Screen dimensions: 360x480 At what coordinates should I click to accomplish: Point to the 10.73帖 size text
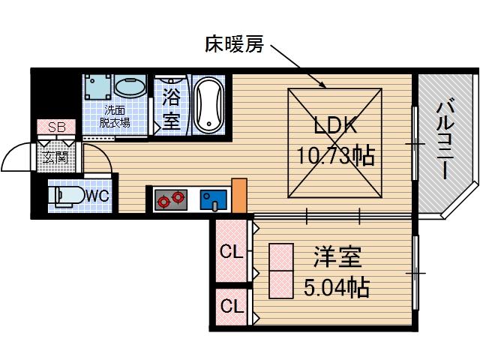tap(334, 157)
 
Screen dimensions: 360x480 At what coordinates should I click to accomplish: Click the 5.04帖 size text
tap(337, 286)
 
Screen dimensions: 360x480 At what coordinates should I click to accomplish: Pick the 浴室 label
tap(172, 108)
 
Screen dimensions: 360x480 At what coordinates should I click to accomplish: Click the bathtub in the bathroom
tap(208, 106)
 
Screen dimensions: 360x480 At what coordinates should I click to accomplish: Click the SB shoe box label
tap(56, 127)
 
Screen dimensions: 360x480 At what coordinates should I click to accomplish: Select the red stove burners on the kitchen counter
tap(169, 199)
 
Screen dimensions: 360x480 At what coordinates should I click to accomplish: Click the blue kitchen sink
tap(214, 200)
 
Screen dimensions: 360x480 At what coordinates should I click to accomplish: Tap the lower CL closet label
tap(230, 307)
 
